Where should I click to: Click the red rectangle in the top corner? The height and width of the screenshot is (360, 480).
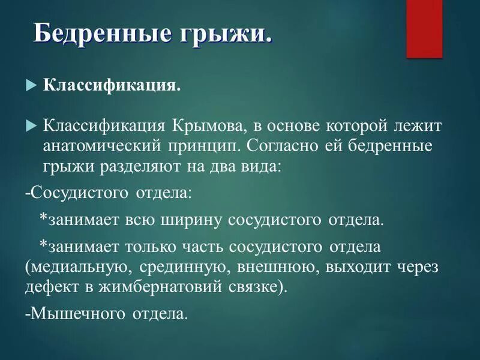tap(424, 28)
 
